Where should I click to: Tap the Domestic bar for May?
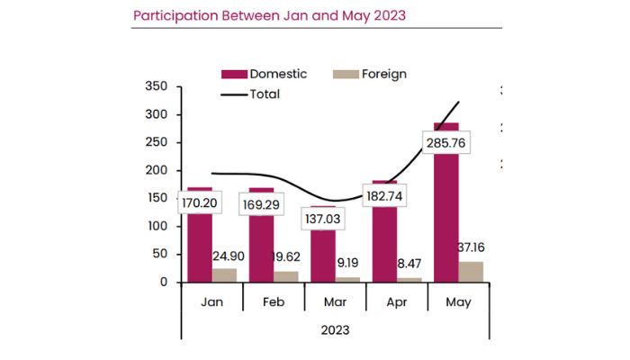446,216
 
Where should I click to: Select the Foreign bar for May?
470,271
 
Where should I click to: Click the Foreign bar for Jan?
225,274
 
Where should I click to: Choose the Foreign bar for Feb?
286,276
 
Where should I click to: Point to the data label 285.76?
445,142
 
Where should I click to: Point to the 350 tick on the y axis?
157,86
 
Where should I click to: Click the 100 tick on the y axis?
157,226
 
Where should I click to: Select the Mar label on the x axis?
335,301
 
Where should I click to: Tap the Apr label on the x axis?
396,301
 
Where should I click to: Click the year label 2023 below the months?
335,329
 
